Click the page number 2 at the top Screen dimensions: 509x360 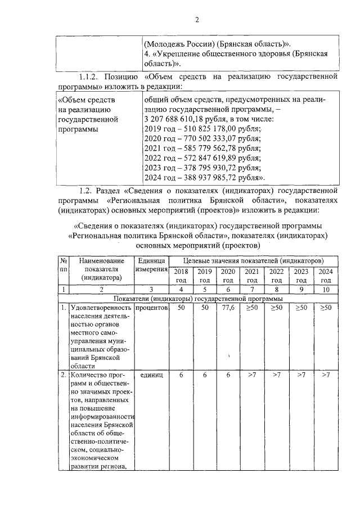pyautogui.click(x=197, y=21)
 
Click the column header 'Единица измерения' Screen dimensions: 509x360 pyautogui.click(x=152, y=266)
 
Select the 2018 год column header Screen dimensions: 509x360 pyautogui.click(x=181, y=276)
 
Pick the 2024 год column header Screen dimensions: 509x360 pyautogui.click(x=326, y=276)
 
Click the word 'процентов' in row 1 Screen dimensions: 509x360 pyautogui.click(x=152, y=308)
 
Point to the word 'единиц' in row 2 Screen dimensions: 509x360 pyautogui.click(x=152, y=375)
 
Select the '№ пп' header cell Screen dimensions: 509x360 pyautogui.click(x=64, y=266)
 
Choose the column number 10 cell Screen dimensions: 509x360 pyautogui.click(x=326, y=289)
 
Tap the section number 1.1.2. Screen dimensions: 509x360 pyautogui.click(x=92, y=76)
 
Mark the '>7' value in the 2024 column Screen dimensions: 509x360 pyautogui.click(x=326, y=375)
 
